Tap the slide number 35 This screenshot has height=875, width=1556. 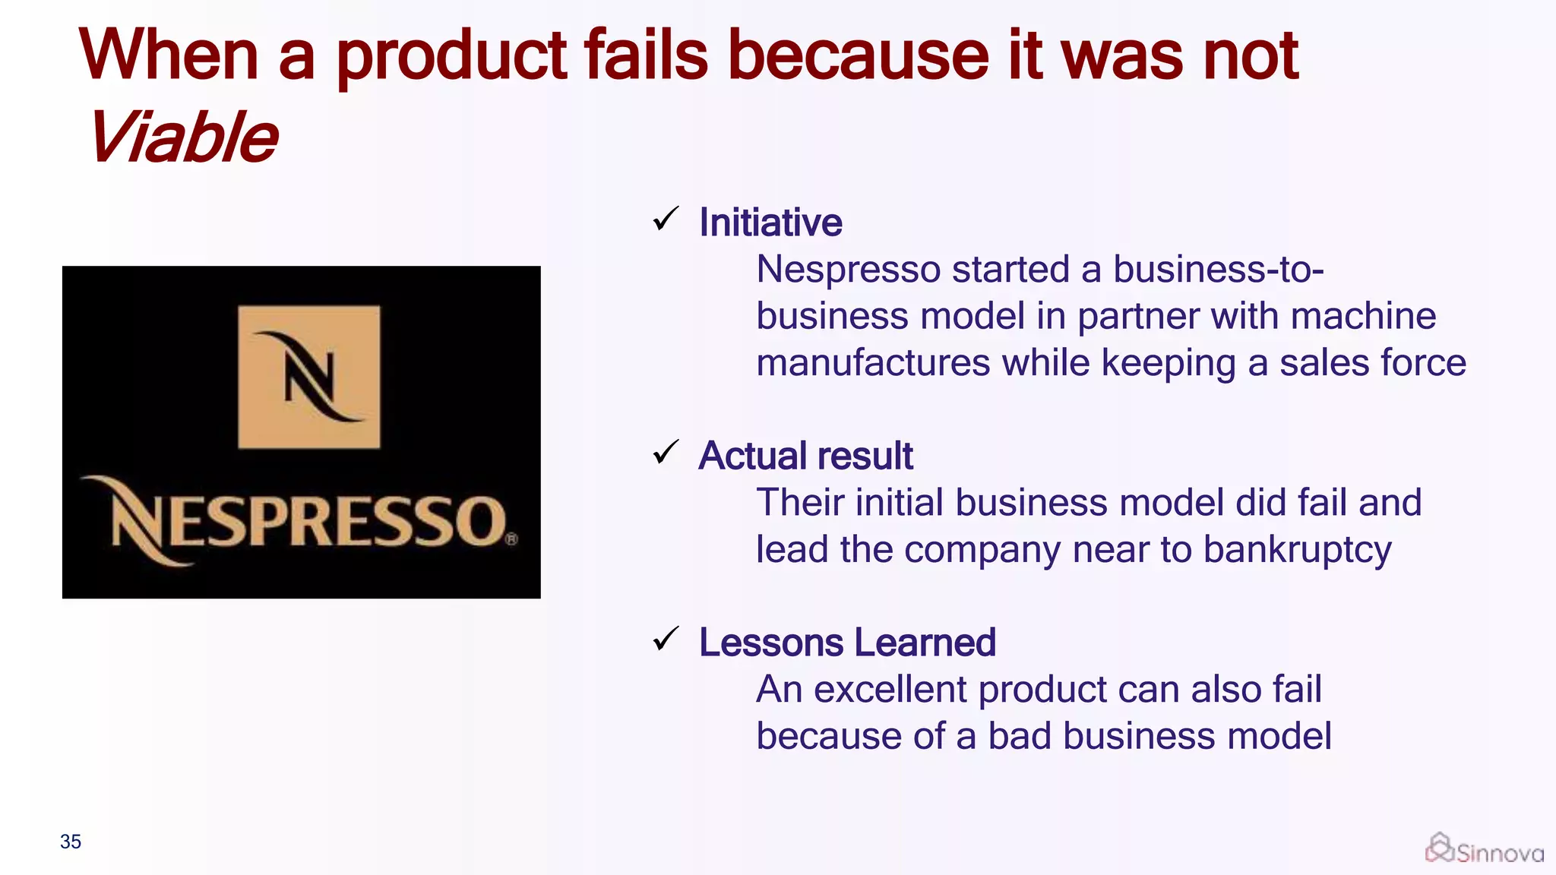pyautogui.click(x=71, y=842)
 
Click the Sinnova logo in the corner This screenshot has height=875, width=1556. pyautogui.click(x=1485, y=849)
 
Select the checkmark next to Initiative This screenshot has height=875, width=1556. pyautogui.click(x=666, y=220)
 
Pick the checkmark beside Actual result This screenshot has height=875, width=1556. pyautogui.click(x=666, y=453)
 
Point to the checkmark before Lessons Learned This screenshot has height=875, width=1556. pyautogui.click(x=666, y=640)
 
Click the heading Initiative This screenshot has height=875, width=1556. pyautogui.click(x=770, y=223)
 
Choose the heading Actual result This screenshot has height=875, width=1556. pyautogui.click(x=805, y=456)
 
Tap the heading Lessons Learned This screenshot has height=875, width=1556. pyautogui.click(x=847, y=643)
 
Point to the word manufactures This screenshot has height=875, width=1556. pyautogui.click(x=873, y=362)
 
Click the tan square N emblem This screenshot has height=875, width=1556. pyautogui.click(x=309, y=377)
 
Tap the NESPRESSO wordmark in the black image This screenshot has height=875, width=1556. pyautogui.click(x=304, y=521)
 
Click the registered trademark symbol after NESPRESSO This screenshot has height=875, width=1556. pyautogui.click(x=511, y=539)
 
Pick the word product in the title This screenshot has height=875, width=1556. pyautogui.click(x=451, y=56)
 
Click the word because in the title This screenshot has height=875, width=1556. pyautogui.click(x=859, y=56)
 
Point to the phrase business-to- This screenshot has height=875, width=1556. pyautogui.click(x=1219, y=269)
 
